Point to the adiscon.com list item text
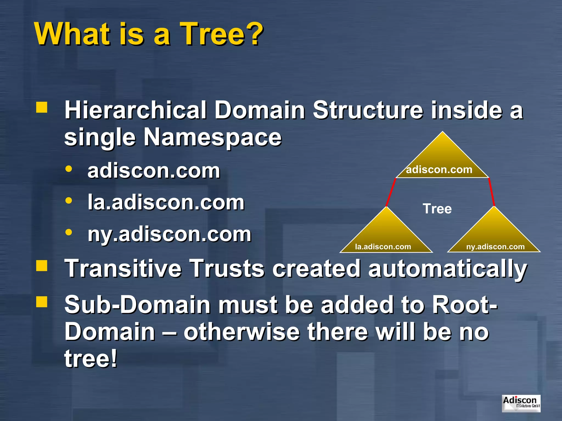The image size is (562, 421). (x=154, y=171)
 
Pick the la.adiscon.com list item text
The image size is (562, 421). (x=166, y=203)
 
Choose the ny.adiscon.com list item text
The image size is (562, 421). (x=169, y=234)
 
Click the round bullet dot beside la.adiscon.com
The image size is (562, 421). (x=69, y=201)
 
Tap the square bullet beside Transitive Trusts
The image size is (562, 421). (x=42, y=266)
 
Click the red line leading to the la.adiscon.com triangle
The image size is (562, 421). (x=391, y=192)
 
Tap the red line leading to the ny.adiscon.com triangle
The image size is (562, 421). (x=491, y=192)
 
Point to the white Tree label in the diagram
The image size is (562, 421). (x=437, y=209)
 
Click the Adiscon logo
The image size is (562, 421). (x=521, y=403)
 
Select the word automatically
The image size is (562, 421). (x=447, y=269)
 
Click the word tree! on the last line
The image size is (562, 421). (x=91, y=358)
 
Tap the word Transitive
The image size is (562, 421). (x=123, y=269)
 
